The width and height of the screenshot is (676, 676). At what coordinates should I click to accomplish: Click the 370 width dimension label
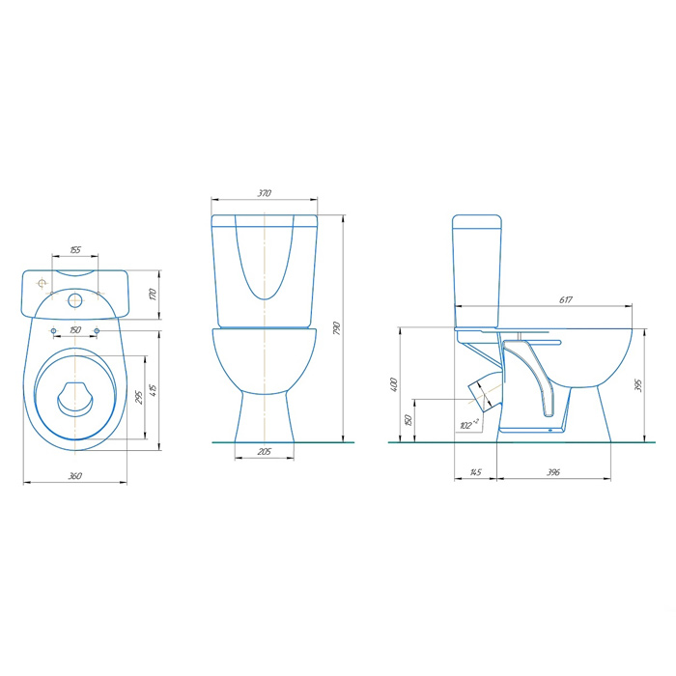click(265, 193)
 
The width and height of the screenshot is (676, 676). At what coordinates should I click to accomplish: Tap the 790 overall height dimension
click(337, 328)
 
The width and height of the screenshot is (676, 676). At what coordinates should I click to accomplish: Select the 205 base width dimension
click(265, 451)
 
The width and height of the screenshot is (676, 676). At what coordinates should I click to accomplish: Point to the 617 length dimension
click(566, 299)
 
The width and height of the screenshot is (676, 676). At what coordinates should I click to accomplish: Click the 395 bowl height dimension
click(638, 385)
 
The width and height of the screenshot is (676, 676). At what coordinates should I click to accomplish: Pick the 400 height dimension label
click(393, 384)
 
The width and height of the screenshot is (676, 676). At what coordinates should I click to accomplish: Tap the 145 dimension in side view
click(475, 472)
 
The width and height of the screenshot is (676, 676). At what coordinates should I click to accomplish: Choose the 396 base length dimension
click(553, 472)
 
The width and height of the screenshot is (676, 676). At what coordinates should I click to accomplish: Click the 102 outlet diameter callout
click(469, 425)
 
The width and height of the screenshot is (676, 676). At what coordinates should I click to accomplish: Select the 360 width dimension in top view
click(75, 476)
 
